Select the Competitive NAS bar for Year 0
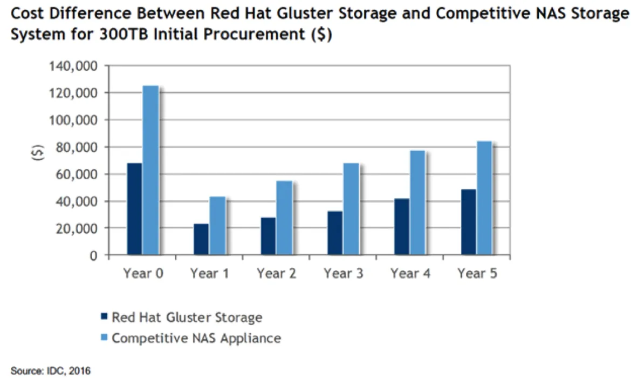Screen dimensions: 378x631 pos(150,170)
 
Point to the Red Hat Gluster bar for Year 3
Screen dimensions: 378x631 pos(335,233)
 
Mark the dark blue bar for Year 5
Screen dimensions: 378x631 pos(469,222)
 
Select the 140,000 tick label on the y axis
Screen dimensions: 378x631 pos(73,66)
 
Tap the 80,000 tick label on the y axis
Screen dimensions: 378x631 pos(76,147)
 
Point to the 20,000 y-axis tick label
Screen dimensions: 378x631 pos(76,228)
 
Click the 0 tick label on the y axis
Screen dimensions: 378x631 pos(93,255)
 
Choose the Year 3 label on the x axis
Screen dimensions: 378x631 pos(344,273)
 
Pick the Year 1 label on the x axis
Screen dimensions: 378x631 pos(210,273)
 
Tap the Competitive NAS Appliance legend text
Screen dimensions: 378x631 pos(196,339)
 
